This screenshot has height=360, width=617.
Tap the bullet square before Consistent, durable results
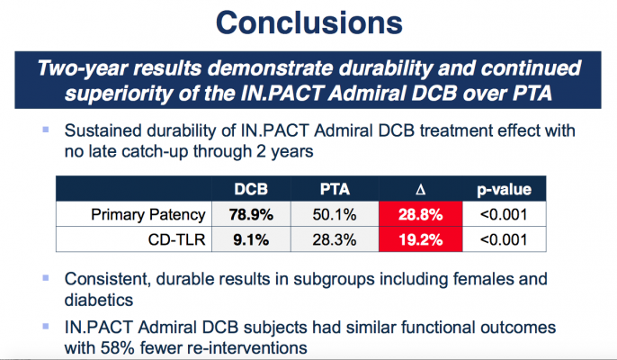point(44,278)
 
